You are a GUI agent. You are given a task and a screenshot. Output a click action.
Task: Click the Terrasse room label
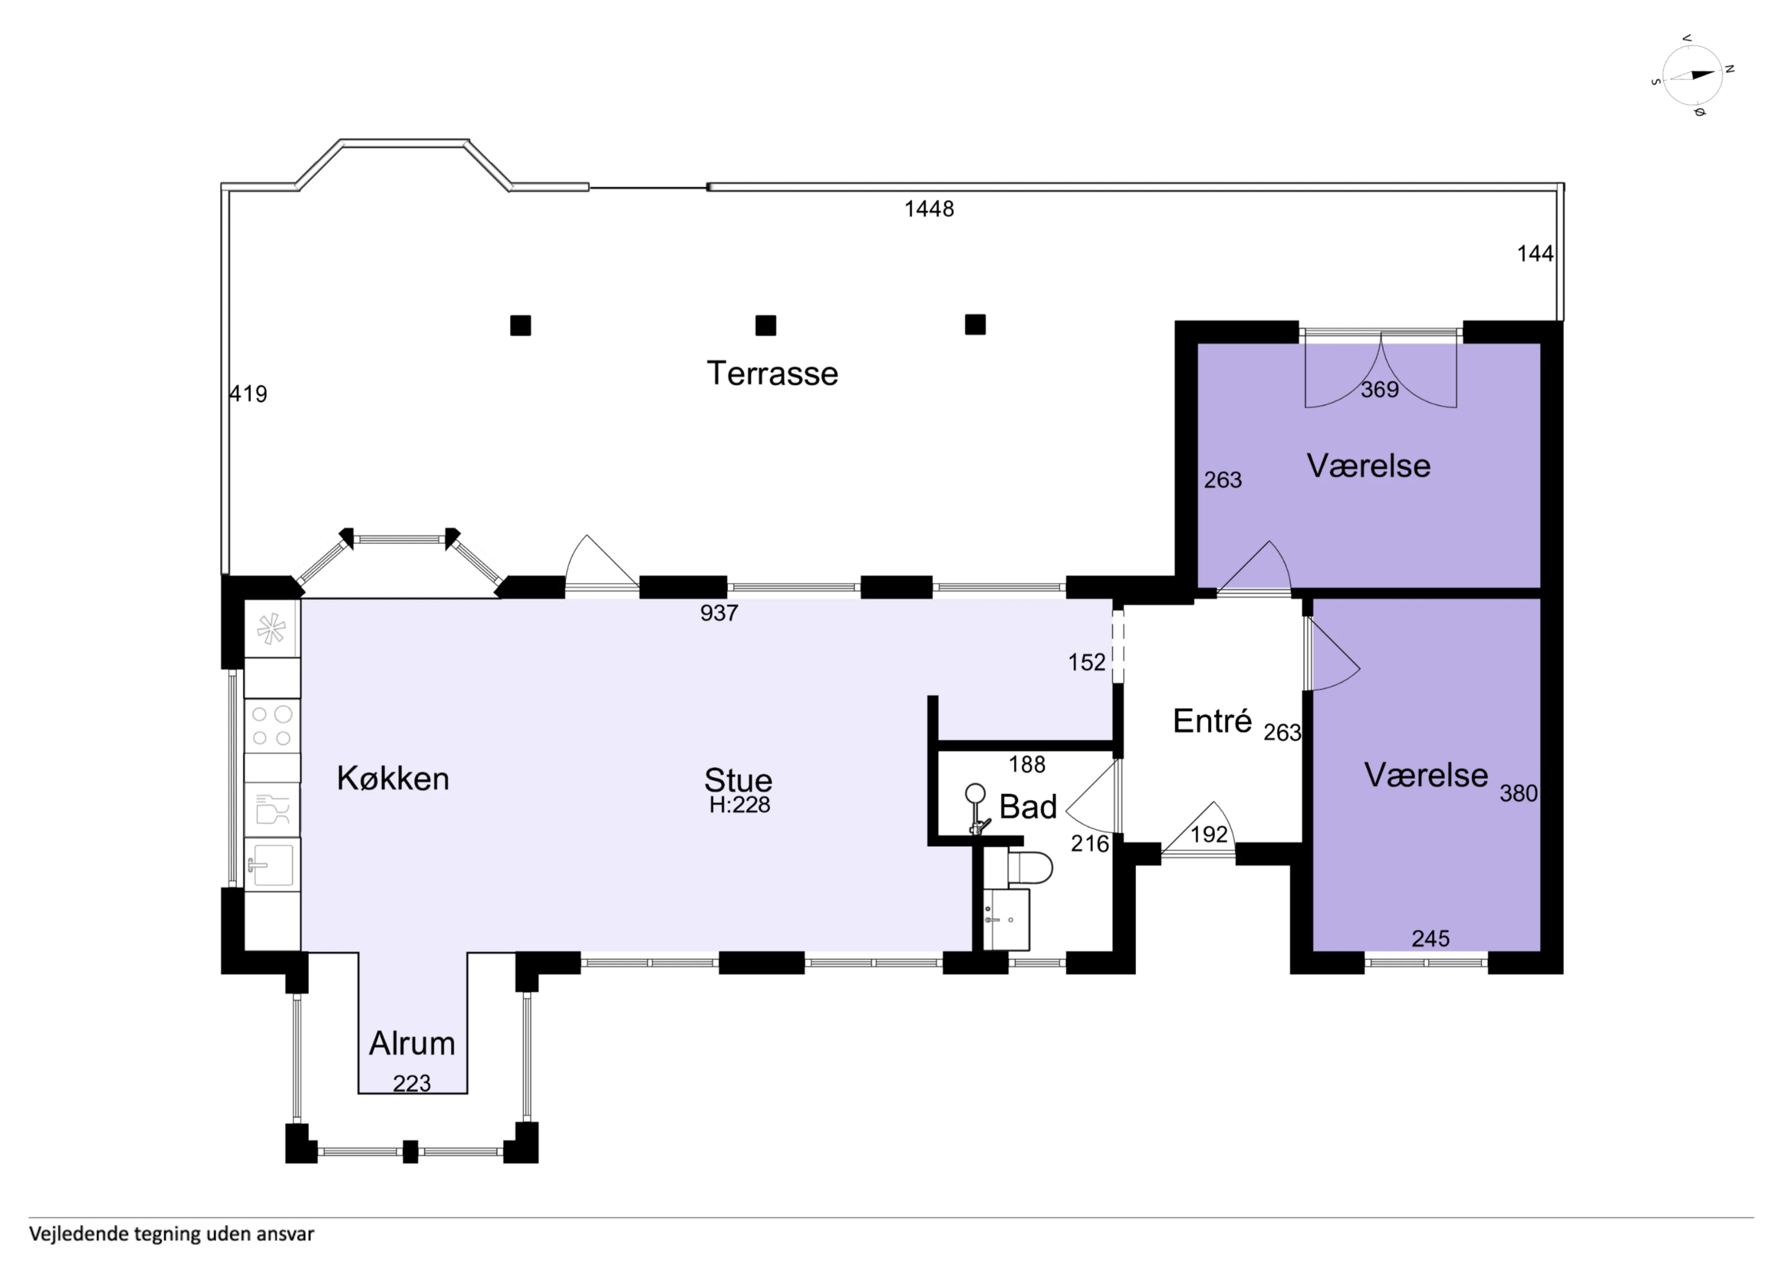point(773,374)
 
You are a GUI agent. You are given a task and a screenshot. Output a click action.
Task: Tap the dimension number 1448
point(929,208)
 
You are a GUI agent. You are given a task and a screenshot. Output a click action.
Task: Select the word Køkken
point(393,778)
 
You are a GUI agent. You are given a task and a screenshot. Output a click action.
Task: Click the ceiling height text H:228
point(739,805)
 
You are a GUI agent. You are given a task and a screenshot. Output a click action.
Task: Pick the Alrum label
point(412,1043)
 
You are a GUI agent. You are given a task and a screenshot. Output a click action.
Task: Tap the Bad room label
point(1027,807)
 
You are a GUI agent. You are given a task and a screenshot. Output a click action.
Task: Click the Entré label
point(1212,722)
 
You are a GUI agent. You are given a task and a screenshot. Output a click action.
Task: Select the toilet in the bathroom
point(1029,867)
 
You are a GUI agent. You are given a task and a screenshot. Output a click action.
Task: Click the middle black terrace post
point(766,325)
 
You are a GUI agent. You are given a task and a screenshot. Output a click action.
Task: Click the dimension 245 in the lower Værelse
point(1431,938)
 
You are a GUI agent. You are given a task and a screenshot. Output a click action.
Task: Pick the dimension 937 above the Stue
point(719,613)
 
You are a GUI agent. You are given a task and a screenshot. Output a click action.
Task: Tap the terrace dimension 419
point(248,394)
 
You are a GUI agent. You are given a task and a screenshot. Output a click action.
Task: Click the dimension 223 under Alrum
point(412,1083)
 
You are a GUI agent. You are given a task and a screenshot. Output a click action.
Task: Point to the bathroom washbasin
point(1006,919)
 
